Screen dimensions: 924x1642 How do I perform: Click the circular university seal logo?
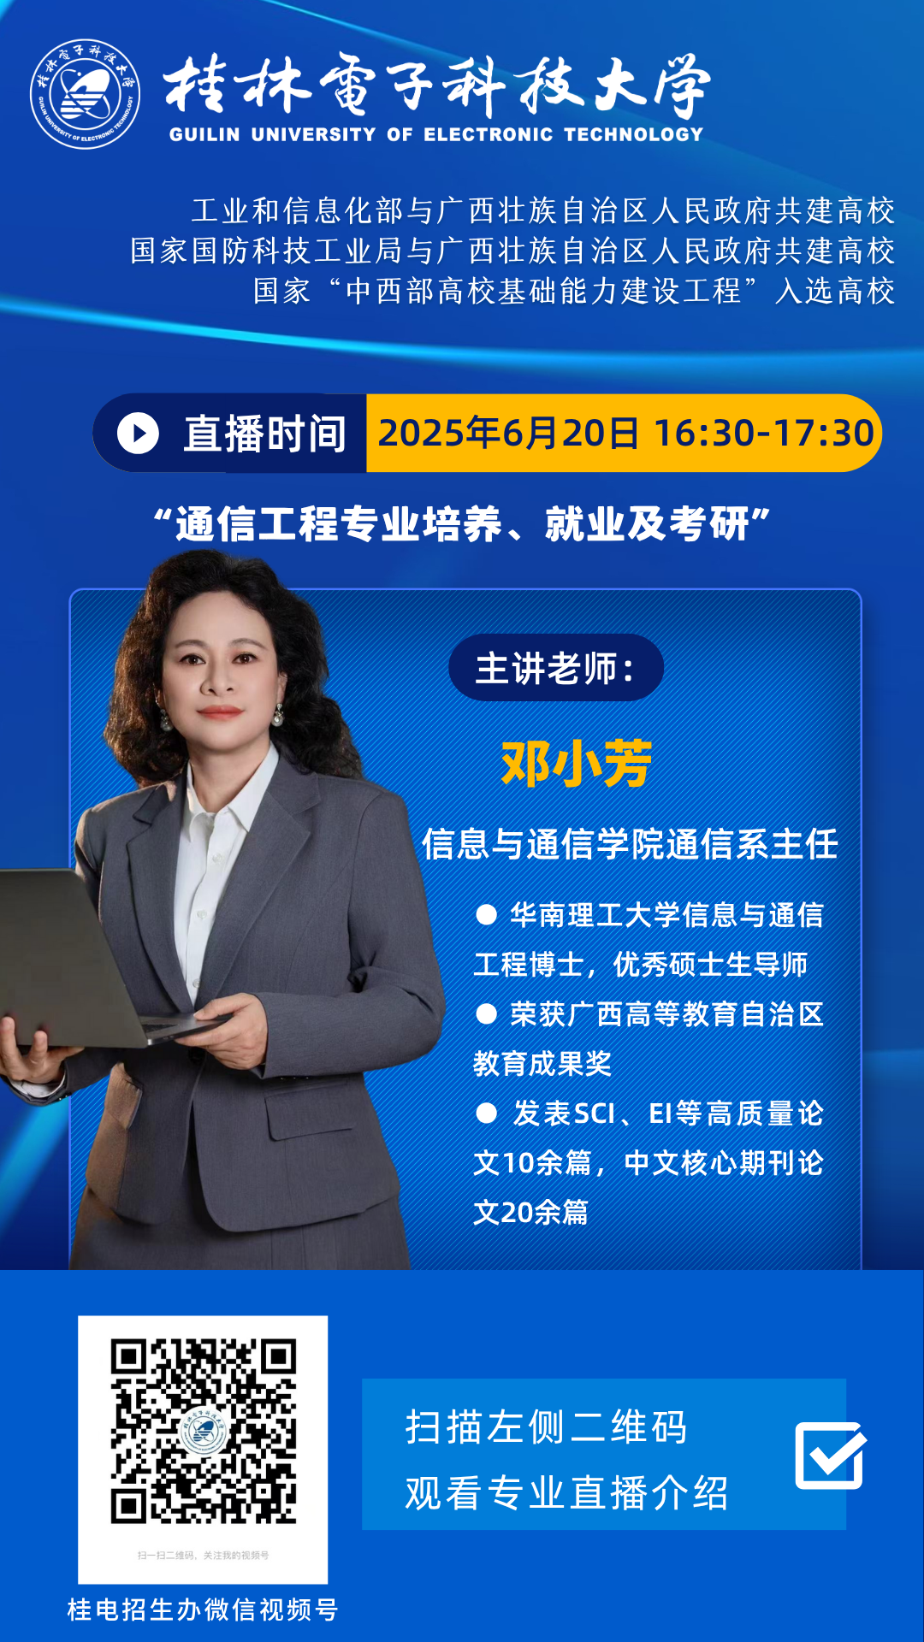tap(85, 94)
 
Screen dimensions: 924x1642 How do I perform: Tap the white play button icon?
tap(139, 433)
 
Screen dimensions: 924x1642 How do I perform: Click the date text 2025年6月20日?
tap(508, 433)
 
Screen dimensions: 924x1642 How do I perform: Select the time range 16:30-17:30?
tap(763, 433)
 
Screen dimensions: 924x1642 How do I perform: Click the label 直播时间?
tap(264, 434)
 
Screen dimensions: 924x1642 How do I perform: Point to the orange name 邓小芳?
tap(577, 763)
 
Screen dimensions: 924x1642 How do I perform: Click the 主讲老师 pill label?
tap(556, 668)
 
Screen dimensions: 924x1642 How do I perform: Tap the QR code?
tap(203, 1431)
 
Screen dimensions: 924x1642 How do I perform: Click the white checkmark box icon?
tap(830, 1455)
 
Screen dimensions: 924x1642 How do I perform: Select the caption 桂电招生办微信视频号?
tap(203, 1610)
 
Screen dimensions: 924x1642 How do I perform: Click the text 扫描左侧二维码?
tap(547, 1426)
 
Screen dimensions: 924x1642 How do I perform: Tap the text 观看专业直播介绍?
tap(567, 1493)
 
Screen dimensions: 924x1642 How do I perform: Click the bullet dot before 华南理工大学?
tap(486, 915)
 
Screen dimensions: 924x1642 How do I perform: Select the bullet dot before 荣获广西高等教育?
tap(486, 1014)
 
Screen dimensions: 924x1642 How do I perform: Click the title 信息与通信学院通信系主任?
tap(630, 844)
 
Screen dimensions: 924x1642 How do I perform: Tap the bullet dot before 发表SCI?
tap(486, 1113)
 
